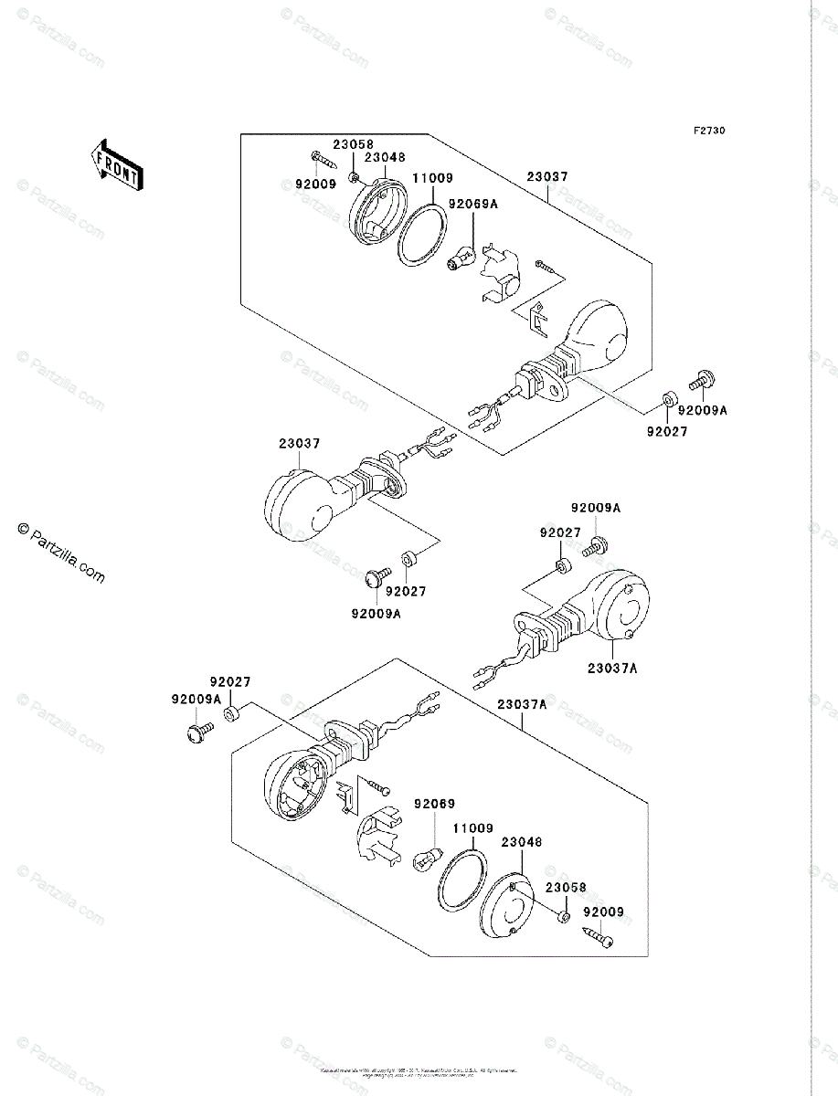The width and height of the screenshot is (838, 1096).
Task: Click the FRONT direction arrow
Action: click(x=115, y=163)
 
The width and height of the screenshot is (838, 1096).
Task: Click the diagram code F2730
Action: click(x=708, y=132)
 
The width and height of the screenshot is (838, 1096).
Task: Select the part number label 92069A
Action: click(x=472, y=205)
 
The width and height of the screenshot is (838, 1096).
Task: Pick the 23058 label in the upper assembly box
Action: click(x=354, y=144)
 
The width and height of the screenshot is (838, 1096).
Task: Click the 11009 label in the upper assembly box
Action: click(x=433, y=179)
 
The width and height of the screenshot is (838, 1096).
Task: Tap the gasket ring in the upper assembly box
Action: click(x=423, y=235)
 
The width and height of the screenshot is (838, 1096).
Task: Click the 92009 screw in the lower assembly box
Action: click(x=598, y=937)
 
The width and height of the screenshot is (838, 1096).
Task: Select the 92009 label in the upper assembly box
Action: click(x=315, y=184)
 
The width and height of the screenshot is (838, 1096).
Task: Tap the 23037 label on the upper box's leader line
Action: click(x=546, y=178)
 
